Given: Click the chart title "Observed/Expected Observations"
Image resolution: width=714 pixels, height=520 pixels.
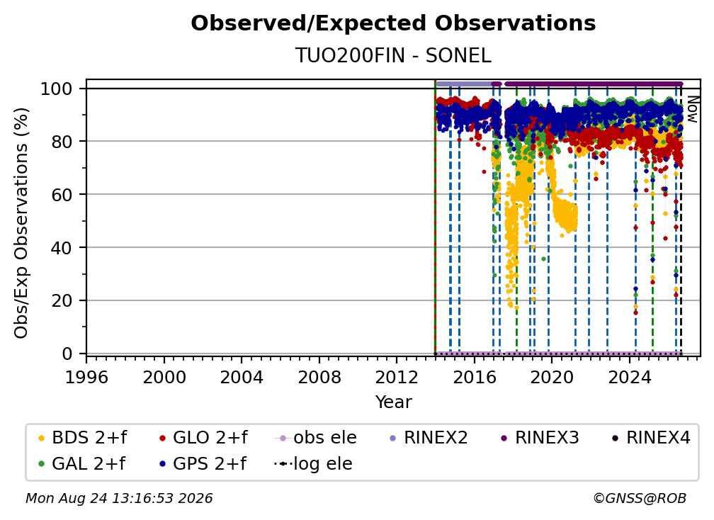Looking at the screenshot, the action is [393, 23].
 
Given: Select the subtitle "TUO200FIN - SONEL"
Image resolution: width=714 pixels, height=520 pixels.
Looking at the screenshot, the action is [393, 55].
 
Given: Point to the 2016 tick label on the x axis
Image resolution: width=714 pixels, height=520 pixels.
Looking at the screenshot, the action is [474, 378].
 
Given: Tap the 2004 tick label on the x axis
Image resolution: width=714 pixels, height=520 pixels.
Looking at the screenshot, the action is [242, 378].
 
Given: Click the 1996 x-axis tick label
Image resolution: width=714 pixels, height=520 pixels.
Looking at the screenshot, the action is [86, 378].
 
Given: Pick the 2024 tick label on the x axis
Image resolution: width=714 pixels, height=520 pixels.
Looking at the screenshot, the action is [629, 378].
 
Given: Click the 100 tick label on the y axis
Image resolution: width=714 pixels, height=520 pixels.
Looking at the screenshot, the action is [57, 89].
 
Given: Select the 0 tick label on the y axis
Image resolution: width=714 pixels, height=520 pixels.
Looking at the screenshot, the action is [67, 354].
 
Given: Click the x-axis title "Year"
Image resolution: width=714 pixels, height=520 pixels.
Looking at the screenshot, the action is [393, 402].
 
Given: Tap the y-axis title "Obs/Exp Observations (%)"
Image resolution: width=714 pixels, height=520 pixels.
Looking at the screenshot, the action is [21, 223].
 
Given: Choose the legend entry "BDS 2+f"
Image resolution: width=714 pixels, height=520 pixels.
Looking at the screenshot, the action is [82, 438].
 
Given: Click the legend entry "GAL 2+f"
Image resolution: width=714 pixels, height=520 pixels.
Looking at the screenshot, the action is [81, 464].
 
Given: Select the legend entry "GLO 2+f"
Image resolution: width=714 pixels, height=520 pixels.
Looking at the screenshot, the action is [203, 438].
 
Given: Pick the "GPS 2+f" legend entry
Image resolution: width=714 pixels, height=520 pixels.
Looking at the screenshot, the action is [203, 464].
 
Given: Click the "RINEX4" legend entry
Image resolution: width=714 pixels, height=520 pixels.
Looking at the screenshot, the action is [651, 438].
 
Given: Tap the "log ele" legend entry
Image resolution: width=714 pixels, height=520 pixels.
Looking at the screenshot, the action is [313, 464].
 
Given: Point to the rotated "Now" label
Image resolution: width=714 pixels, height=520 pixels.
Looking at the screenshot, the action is [692, 109].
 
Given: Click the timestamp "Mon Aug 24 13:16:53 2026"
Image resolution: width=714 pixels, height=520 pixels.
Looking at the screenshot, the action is [119, 499].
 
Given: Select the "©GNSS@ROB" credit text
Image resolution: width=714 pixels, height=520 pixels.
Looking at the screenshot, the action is [640, 499].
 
